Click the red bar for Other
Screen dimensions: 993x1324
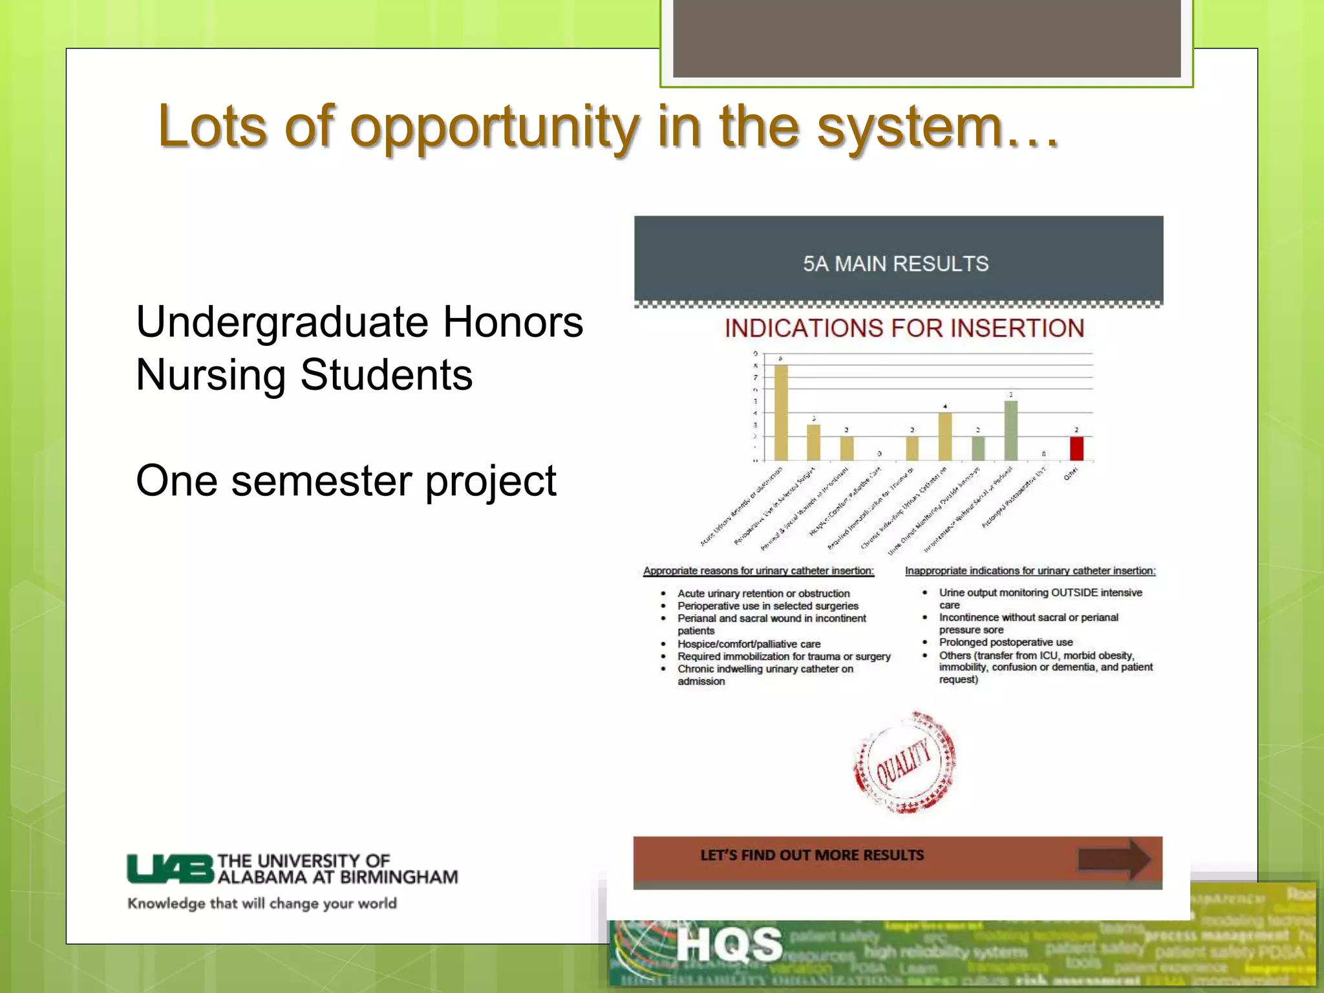pyautogui.click(x=1076, y=448)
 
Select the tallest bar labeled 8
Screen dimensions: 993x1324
pyautogui.click(x=781, y=412)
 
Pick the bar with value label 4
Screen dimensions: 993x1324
pyautogui.click(x=945, y=436)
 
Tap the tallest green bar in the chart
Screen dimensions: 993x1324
pyautogui.click(x=1010, y=431)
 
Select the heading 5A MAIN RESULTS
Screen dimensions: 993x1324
pyautogui.click(x=896, y=264)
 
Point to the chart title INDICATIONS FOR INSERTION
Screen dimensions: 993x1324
pyautogui.click(x=904, y=328)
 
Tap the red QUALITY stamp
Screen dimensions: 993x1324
pyautogui.click(x=904, y=763)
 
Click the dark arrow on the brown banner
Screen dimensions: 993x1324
pyautogui.click(x=1114, y=859)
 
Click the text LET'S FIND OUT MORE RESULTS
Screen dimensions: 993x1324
pyautogui.click(x=812, y=855)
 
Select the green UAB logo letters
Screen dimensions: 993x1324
pyautogui.click(x=170, y=869)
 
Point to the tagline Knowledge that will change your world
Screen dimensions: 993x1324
pyautogui.click(x=262, y=903)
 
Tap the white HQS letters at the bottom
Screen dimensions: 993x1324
pyautogui.click(x=729, y=945)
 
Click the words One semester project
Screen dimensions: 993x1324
pyautogui.click(x=346, y=481)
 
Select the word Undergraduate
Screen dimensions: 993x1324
pyautogui.click(x=282, y=322)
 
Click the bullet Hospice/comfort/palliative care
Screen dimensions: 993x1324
pyautogui.click(x=749, y=644)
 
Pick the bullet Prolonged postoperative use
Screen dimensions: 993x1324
pyautogui.click(x=1005, y=642)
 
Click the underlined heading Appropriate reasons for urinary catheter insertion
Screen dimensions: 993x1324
pyautogui.click(x=758, y=571)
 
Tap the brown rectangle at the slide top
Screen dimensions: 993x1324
pyautogui.click(x=926, y=39)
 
